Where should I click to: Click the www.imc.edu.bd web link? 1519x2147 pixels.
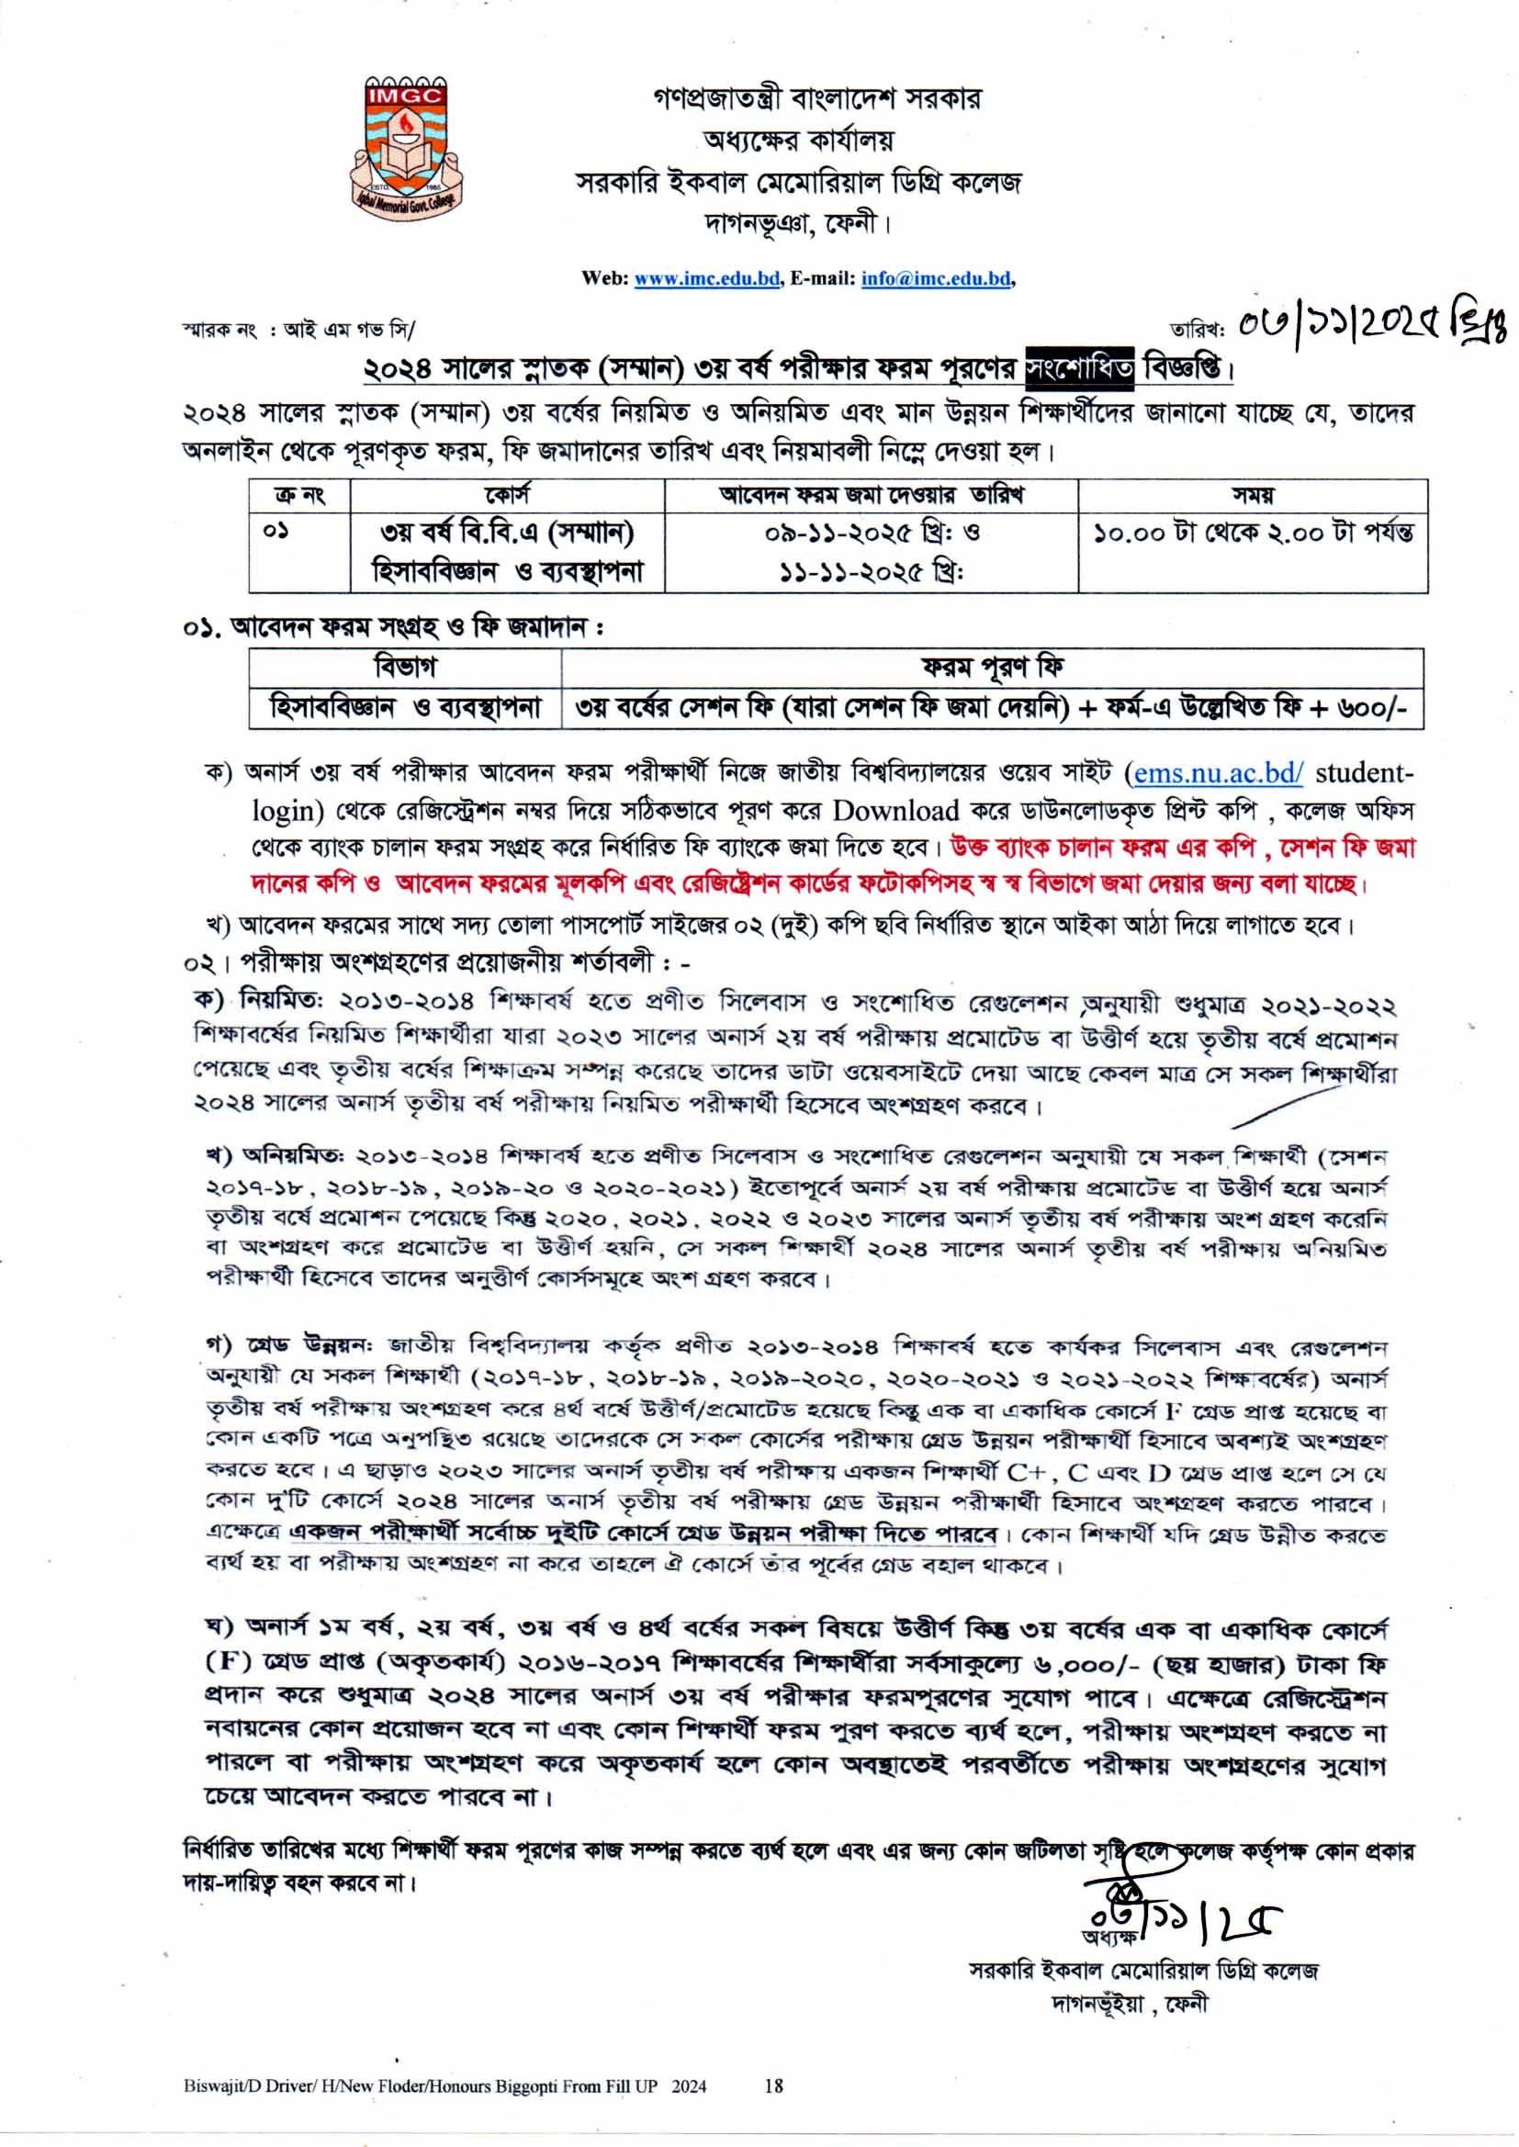(x=706, y=277)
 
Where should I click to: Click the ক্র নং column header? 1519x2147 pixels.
(x=299, y=495)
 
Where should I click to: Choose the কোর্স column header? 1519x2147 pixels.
(x=507, y=495)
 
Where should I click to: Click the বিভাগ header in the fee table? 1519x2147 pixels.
(x=404, y=667)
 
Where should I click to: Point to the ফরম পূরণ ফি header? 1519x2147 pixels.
(x=993, y=667)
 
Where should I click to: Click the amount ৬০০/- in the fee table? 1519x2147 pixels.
(x=1372, y=708)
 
